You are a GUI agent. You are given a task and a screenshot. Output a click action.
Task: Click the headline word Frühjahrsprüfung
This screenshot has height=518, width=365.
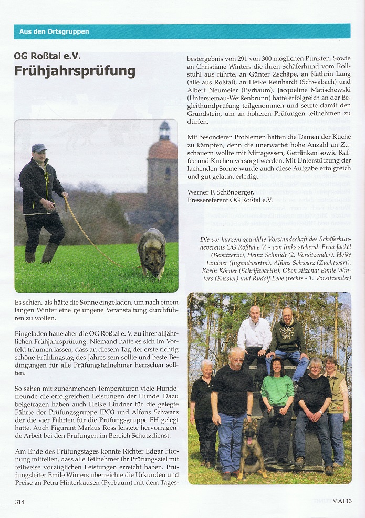pyautogui.click(x=75, y=71)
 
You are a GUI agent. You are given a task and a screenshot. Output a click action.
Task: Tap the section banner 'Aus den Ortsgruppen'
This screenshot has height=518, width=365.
pyautogui.click(x=54, y=31)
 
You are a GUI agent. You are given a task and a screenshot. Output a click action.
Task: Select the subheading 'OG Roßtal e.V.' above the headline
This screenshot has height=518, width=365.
pyautogui.click(x=47, y=56)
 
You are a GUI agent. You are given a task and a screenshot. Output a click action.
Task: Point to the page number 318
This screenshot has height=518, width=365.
pyautogui.click(x=19, y=502)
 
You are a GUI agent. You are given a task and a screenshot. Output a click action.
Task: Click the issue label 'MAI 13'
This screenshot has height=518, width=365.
pyautogui.click(x=341, y=501)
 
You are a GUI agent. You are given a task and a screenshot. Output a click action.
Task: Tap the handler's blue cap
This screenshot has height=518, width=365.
pyautogui.click(x=38, y=148)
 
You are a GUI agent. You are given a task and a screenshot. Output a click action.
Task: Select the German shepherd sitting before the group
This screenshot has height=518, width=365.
pyautogui.click(x=252, y=448)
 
